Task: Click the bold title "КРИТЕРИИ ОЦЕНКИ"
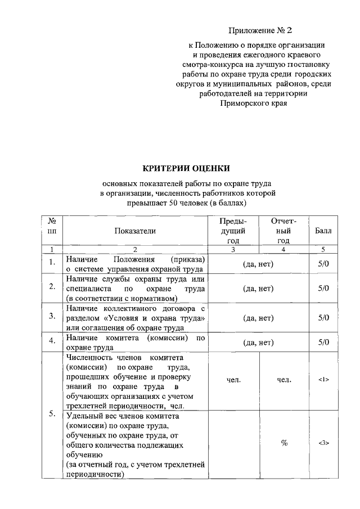[x=186, y=168]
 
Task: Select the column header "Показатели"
[x=135, y=231]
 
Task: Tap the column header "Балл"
[x=323, y=231]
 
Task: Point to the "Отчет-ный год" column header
[x=283, y=231]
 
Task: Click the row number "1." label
[x=52, y=262]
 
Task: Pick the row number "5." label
[x=52, y=415]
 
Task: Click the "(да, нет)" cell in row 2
[x=258, y=289]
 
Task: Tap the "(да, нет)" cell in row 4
[x=258, y=342]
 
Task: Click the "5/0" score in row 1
[x=323, y=262]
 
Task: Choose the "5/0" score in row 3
[x=323, y=317]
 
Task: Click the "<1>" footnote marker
[x=323, y=380]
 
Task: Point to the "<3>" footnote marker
[x=323, y=443]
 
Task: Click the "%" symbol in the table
[x=284, y=443]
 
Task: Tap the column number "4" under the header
[x=283, y=249]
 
